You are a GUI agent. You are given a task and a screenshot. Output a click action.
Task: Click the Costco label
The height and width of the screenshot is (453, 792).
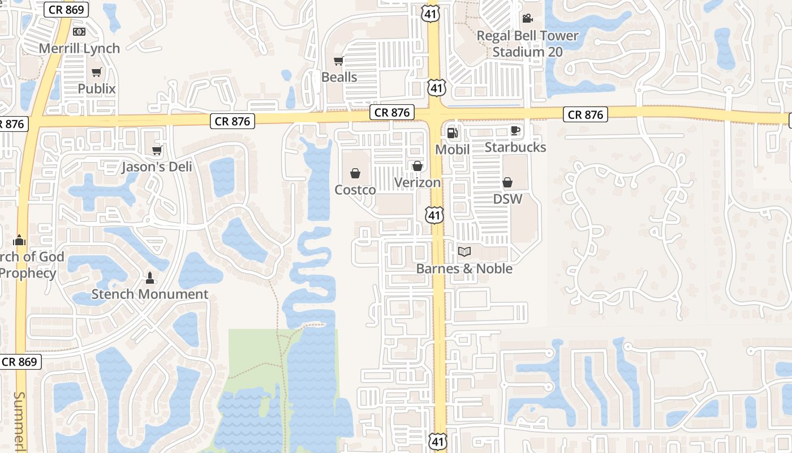click(x=355, y=190)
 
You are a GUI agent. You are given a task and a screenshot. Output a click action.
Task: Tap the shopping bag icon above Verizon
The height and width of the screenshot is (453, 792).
click(x=417, y=166)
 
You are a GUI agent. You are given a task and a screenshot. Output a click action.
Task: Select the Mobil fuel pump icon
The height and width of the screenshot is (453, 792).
click(x=452, y=133)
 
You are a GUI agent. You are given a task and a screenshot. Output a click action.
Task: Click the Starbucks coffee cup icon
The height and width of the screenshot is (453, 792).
click(x=515, y=130)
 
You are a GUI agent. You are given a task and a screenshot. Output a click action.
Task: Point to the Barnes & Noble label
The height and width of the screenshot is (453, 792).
click(x=464, y=268)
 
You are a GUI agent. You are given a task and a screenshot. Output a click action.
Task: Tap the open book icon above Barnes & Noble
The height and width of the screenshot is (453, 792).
click(x=464, y=251)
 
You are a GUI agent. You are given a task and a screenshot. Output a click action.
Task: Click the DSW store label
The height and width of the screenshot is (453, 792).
click(x=507, y=199)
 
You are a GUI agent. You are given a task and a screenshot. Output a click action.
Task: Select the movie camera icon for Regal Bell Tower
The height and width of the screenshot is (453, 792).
click(x=527, y=19)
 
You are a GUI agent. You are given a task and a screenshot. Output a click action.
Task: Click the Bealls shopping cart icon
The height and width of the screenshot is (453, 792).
click(x=338, y=61)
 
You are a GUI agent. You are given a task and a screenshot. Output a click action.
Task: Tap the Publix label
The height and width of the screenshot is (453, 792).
click(x=97, y=89)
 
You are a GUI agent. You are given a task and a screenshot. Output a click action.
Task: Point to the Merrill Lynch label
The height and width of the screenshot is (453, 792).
click(x=79, y=49)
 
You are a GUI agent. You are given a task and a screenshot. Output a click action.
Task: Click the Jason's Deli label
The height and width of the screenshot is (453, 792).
click(x=157, y=167)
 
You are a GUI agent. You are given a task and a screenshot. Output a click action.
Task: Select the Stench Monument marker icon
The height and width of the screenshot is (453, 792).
click(x=150, y=277)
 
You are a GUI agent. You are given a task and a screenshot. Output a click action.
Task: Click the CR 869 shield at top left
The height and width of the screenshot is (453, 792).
click(x=66, y=10)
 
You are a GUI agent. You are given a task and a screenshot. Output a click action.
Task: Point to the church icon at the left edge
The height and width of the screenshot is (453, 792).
click(x=19, y=240)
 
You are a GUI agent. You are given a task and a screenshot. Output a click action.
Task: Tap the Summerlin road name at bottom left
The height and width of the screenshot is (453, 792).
click(x=20, y=422)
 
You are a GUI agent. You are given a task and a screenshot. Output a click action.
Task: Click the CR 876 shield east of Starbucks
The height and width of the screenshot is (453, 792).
click(x=586, y=115)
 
